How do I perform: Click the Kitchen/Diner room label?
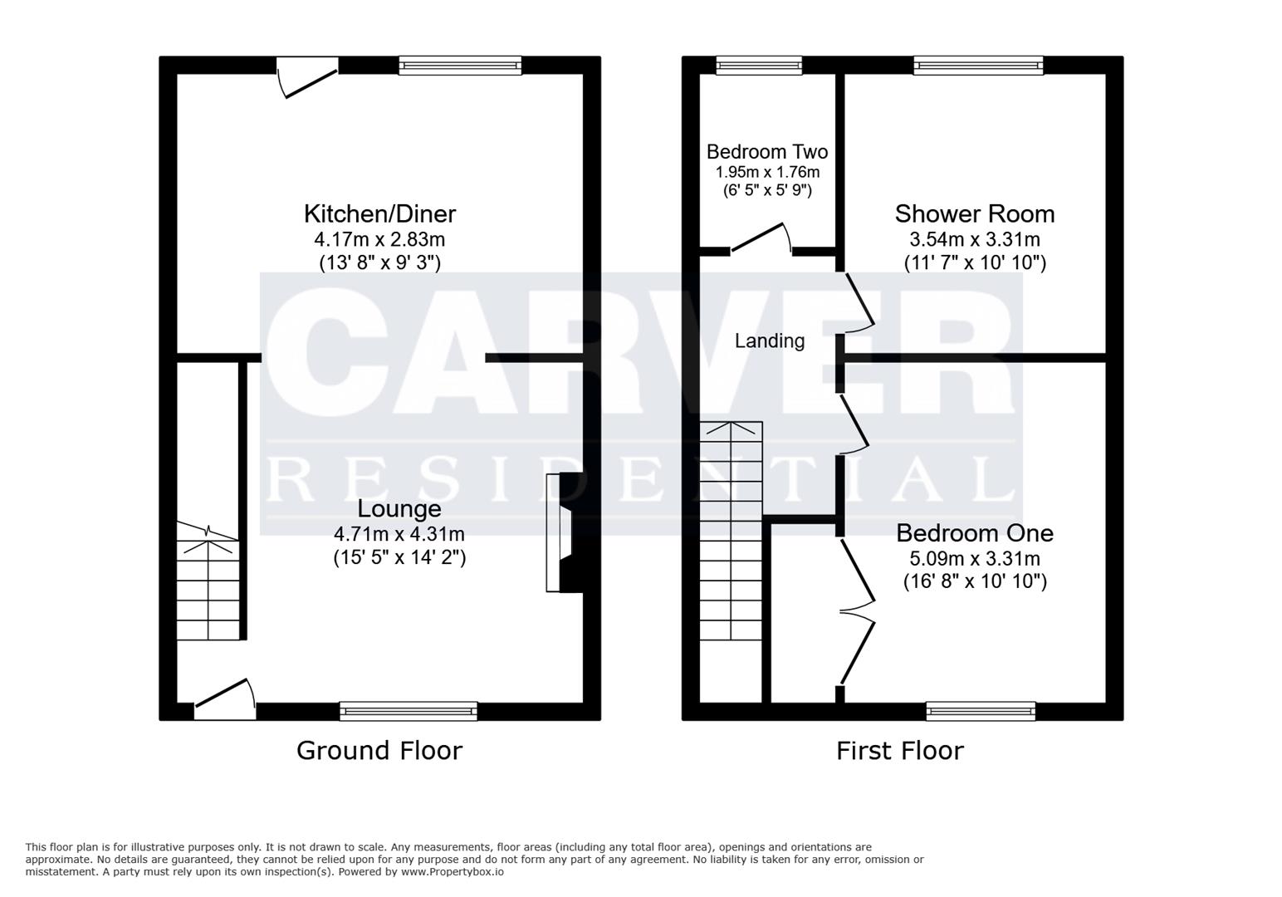click(379, 214)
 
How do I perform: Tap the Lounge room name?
click(399, 508)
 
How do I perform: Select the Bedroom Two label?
click(766, 152)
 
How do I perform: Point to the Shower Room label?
click(974, 214)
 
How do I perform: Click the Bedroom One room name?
click(974, 533)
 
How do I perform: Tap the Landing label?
click(769, 341)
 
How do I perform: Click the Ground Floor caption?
click(379, 751)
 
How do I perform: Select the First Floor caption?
click(899, 751)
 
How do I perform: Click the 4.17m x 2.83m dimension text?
click(379, 240)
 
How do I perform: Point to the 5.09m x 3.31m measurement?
click(974, 559)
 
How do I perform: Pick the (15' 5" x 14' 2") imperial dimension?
click(399, 557)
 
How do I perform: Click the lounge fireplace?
click(562, 532)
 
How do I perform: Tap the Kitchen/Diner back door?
click(306, 76)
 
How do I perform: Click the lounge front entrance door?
click(225, 700)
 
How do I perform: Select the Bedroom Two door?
click(760, 238)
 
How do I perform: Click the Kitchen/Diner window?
click(460, 66)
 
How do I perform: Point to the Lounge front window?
click(408, 711)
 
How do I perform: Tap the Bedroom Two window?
click(759, 66)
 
